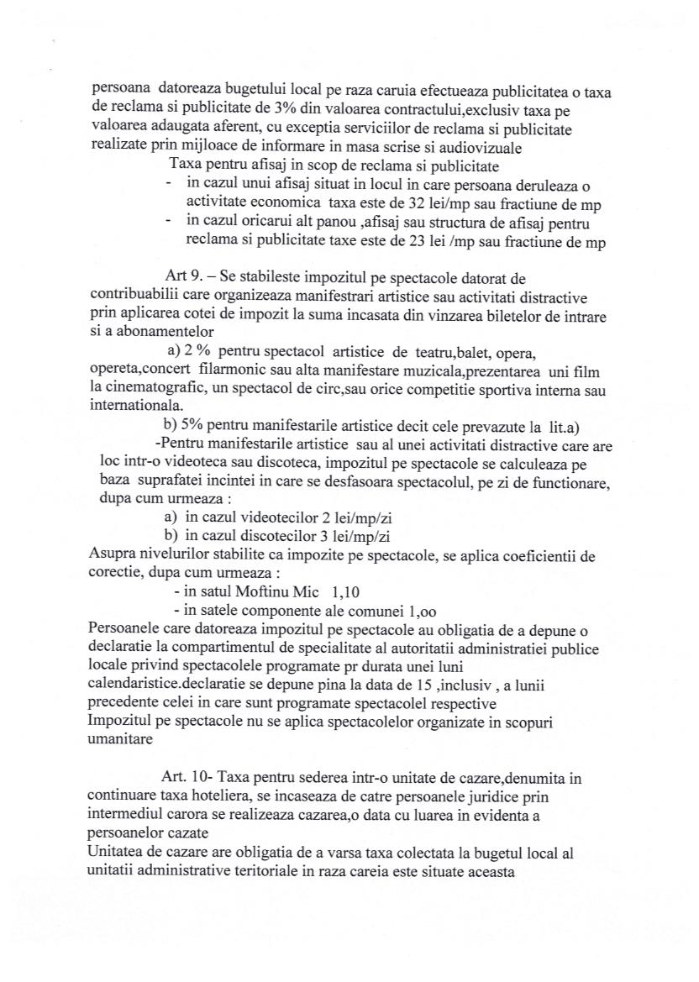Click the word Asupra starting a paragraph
coord(112,555)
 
